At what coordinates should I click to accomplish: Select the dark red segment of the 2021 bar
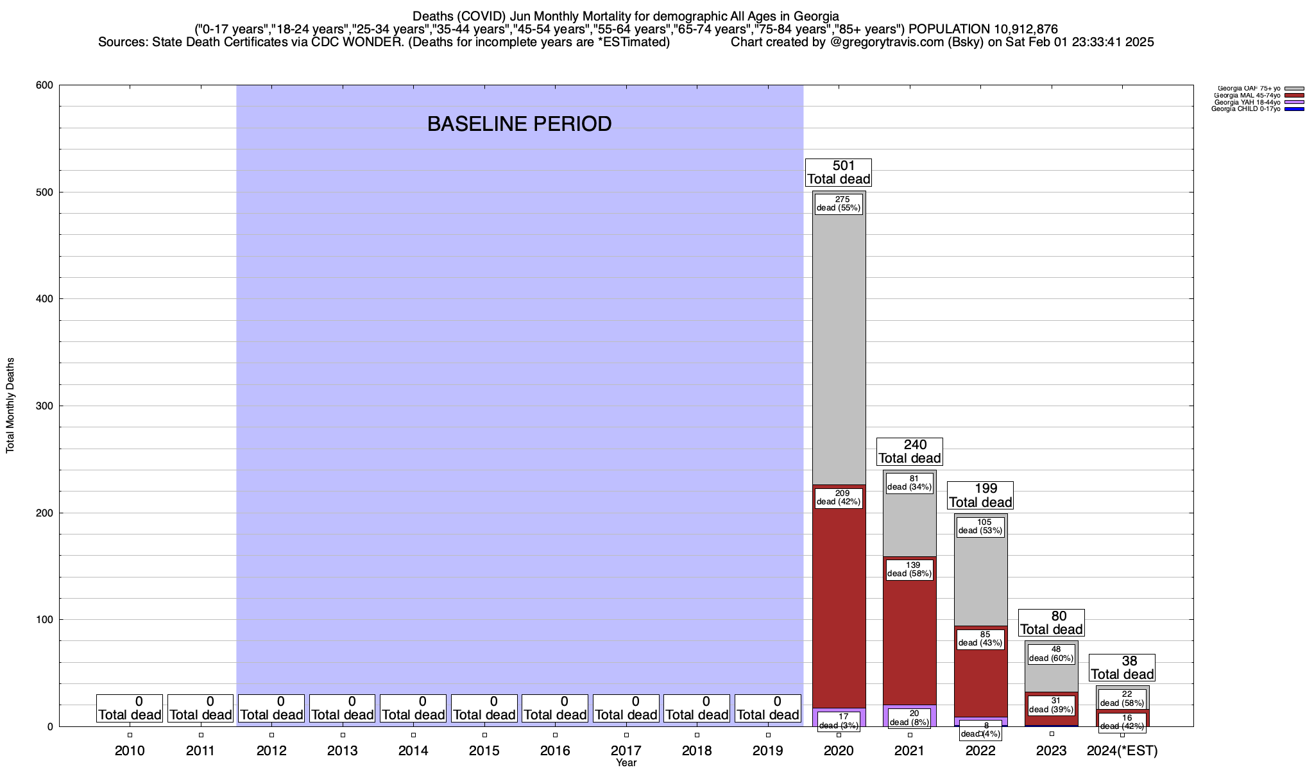coord(909,642)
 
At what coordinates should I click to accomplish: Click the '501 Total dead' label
coord(839,173)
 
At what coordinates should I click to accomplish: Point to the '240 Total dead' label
coord(909,452)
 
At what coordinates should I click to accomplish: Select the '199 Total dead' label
coord(980,495)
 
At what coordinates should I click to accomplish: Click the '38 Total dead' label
coord(1122,668)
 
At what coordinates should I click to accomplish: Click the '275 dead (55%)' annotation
coord(839,204)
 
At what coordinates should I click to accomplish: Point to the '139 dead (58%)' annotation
coord(909,569)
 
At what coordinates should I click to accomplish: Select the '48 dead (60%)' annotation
coord(1051,653)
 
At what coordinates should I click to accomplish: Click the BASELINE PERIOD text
coord(519,124)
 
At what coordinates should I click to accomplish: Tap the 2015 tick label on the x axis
coord(484,751)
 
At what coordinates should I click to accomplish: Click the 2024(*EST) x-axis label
coord(1122,751)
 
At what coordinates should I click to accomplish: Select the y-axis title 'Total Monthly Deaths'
coord(10,406)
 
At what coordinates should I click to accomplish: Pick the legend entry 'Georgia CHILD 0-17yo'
coord(1245,109)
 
